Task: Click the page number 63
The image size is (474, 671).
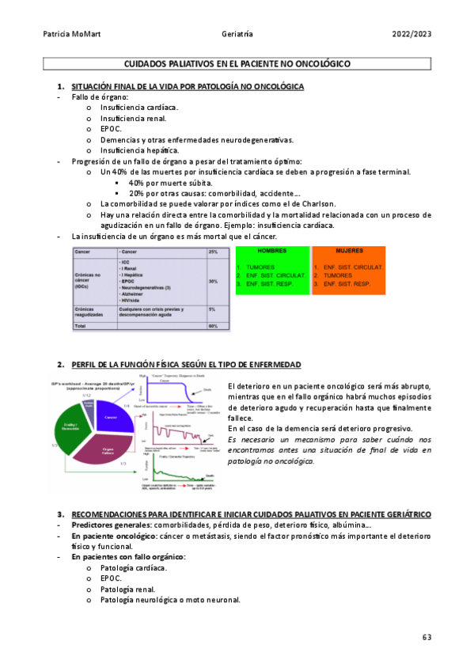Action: point(426,638)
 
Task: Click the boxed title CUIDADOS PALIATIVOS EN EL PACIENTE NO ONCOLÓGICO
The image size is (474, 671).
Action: point(237,63)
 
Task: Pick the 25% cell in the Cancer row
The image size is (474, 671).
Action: point(213,252)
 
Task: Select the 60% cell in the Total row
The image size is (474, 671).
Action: point(213,326)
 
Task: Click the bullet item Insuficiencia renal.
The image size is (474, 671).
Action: point(133,118)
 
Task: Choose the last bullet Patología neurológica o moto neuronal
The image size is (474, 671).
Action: point(170,600)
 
